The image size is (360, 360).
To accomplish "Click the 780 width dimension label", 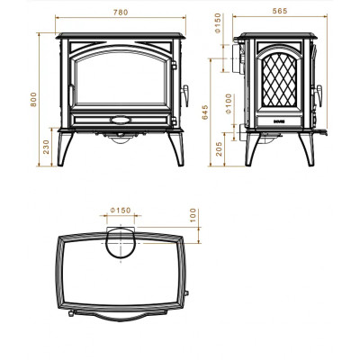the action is (x=121, y=13).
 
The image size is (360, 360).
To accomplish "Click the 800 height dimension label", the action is (x=33, y=99).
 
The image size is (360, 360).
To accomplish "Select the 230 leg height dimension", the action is (x=46, y=147).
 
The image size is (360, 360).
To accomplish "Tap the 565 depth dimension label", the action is (x=280, y=11).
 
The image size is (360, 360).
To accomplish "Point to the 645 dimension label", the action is (x=205, y=112).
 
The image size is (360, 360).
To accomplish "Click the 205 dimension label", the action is (x=220, y=148).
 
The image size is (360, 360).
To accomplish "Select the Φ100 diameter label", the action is (x=229, y=103).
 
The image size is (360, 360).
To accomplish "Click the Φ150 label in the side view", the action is (x=218, y=23).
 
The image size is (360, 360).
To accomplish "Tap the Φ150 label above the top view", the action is (x=121, y=211).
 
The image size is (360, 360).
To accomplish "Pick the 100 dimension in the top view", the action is (x=193, y=215).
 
